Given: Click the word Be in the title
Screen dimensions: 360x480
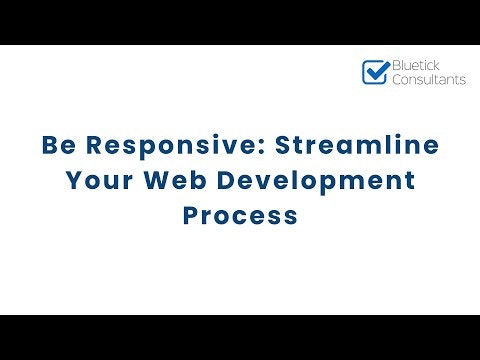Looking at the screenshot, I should coord(57,146).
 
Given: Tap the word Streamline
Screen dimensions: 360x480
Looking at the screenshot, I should coord(356,146).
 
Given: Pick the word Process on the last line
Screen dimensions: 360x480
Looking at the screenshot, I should coord(240,216).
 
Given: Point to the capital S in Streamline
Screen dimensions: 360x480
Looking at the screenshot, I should coord(283,146).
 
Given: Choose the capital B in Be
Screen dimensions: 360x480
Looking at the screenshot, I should coord(49,146).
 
